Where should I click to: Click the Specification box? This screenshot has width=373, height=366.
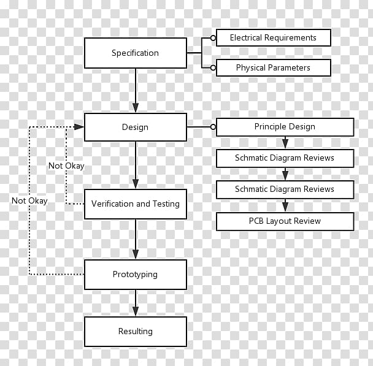[x=136, y=53]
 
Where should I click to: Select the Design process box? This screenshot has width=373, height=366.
[x=136, y=127]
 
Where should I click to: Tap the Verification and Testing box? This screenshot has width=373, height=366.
[x=136, y=204]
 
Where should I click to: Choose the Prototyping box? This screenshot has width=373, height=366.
[x=136, y=275]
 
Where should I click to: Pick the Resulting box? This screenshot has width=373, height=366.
[x=136, y=332]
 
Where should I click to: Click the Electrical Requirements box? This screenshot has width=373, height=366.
[x=274, y=37]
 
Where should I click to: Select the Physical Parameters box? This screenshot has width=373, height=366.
[x=274, y=67]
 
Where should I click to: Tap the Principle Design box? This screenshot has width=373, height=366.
[x=285, y=127]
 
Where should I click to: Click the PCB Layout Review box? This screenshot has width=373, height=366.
[x=285, y=221]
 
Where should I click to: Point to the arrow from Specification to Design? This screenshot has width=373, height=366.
[x=136, y=90]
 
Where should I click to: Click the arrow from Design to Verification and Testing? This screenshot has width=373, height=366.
[x=136, y=165]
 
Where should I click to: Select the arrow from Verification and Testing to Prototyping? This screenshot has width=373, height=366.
[x=136, y=239]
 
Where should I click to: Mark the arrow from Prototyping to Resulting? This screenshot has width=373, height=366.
[x=136, y=303]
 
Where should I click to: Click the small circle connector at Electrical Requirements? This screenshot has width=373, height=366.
[x=213, y=38]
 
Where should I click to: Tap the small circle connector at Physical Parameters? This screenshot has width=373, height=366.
[x=213, y=68]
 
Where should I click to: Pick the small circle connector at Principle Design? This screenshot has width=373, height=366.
[x=213, y=127]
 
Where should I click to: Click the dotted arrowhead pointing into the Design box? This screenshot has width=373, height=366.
[x=79, y=127]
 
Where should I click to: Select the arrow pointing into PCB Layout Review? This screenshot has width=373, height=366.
[x=285, y=205]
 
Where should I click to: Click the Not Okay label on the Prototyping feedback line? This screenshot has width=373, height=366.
[x=29, y=201]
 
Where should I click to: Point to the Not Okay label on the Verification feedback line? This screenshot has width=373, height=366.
[x=66, y=166]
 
